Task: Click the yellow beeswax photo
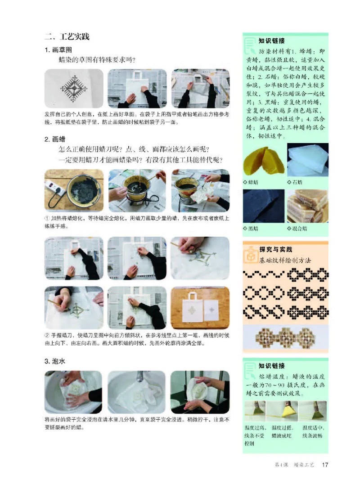pyautogui.click(x=263, y=160)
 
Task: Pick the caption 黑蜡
pyautogui.click(x=253, y=228)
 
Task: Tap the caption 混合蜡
pyautogui.click(x=298, y=228)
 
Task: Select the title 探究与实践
pyautogui.click(x=275, y=249)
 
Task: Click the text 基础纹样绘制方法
pyautogui.click(x=285, y=260)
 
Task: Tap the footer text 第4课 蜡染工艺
pyautogui.click(x=294, y=465)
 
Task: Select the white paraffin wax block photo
pyautogui.click(x=308, y=160)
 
